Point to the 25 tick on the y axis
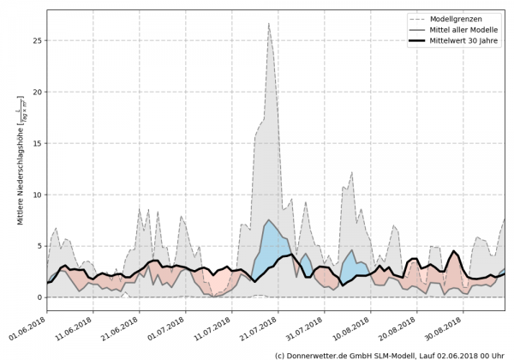point(36,40)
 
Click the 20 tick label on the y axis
point(36,92)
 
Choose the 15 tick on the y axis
point(36,143)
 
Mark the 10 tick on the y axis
point(36,195)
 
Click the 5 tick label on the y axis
point(39,246)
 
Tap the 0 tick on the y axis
point(39,297)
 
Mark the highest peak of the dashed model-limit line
point(269,24)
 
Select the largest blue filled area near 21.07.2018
point(272,244)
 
